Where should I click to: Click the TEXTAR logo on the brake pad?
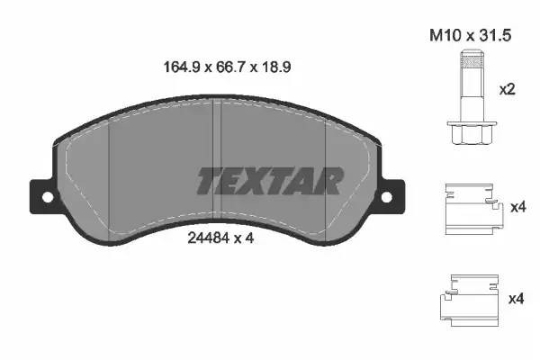point(269,181)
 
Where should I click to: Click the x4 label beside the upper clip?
point(517,208)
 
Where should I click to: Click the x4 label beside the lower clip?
point(517,298)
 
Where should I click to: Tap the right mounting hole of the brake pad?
point(386,197)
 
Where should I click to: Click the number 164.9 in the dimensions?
point(173,67)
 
